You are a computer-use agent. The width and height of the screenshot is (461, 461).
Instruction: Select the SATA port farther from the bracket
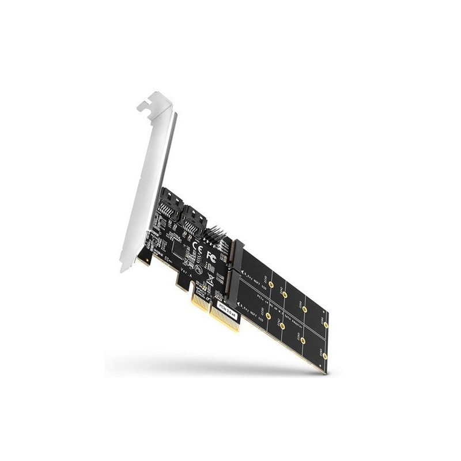[194, 222]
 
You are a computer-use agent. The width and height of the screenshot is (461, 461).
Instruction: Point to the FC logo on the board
[211, 256]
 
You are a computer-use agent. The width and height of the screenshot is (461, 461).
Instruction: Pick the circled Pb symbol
[198, 269]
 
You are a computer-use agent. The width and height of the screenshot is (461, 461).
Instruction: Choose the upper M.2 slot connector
[237, 257]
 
